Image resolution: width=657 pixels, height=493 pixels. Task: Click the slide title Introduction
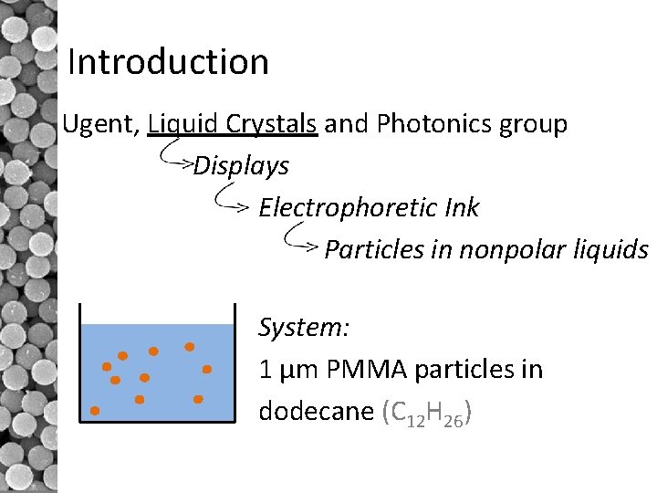point(169,62)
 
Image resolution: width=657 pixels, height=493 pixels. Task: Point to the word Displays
point(241,166)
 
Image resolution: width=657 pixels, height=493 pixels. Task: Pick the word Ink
point(463,207)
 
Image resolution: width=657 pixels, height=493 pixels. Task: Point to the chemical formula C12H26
point(425,414)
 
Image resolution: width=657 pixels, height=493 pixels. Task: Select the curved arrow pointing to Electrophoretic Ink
point(231,198)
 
